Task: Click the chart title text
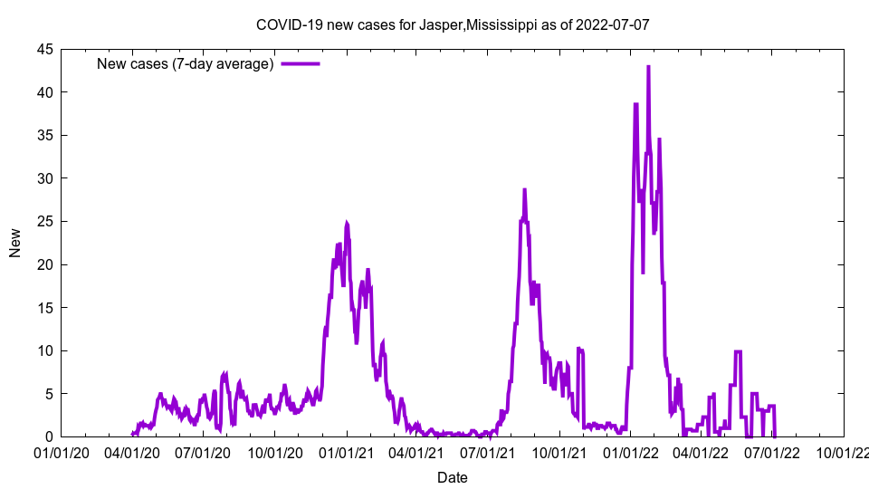click(x=452, y=24)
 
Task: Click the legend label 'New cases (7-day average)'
click(x=186, y=63)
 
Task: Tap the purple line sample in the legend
click(x=301, y=63)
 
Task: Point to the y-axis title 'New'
click(x=15, y=243)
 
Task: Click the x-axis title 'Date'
click(x=452, y=477)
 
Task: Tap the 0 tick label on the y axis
click(x=50, y=436)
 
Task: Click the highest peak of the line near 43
click(x=648, y=66)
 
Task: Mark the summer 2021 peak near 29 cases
click(x=524, y=189)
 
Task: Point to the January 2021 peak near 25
click(x=347, y=223)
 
